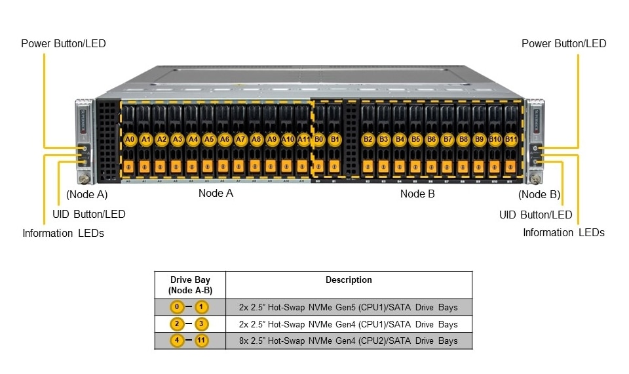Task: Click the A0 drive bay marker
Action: [x=130, y=140]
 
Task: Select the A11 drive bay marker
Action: [x=303, y=140]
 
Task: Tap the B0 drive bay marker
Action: [x=319, y=140]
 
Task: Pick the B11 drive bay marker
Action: [x=511, y=140]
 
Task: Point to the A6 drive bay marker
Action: [x=225, y=140]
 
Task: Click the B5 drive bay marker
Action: [x=415, y=140]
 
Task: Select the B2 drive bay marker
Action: [x=368, y=140]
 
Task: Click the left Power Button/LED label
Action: [x=64, y=44]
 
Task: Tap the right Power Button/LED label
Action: [x=563, y=44]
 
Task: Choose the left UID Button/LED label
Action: [x=88, y=214]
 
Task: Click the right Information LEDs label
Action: [x=563, y=232]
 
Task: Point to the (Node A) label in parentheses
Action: [x=87, y=194]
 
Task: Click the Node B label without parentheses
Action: [x=417, y=194]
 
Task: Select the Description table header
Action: [x=349, y=280]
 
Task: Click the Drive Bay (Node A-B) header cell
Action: [x=189, y=285]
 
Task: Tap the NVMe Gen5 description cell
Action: [x=349, y=307]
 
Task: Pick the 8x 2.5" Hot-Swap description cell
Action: [x=349, y=341]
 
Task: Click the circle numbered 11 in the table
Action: [x=201, y=341]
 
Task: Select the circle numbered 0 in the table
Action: [x=176, y=307]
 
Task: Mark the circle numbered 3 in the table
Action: [x=201, y=324]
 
